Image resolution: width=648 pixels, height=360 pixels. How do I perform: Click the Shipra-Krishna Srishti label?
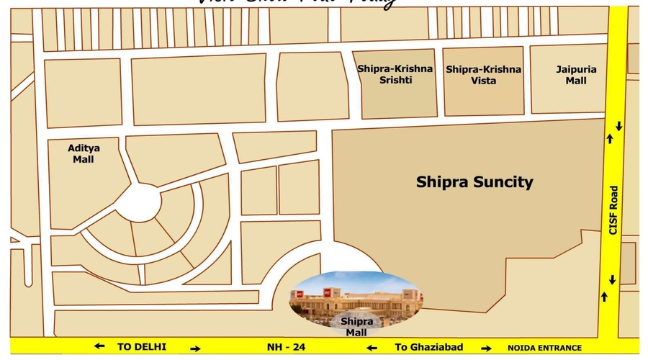pos(395,75)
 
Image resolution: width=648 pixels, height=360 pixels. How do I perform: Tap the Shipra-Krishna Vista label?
pos(484,75)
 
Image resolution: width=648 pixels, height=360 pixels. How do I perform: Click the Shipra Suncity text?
pos(474,182)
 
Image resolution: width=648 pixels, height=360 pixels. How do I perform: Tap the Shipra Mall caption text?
pos(356,327)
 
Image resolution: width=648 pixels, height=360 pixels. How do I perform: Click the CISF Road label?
pos(613,210)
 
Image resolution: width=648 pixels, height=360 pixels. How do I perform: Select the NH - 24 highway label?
pos(287,347)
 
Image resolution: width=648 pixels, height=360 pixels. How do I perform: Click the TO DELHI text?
pos(142,347)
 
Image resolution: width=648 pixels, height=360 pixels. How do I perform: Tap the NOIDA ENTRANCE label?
pos(544,348)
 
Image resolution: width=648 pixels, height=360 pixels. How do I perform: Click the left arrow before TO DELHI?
pos(99,346)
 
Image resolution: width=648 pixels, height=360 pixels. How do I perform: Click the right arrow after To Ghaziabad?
pos(487,349)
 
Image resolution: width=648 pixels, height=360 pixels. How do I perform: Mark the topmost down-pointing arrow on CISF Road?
pos(618,126)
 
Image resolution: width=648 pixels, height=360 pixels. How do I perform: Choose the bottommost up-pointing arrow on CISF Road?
pos(604,296)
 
